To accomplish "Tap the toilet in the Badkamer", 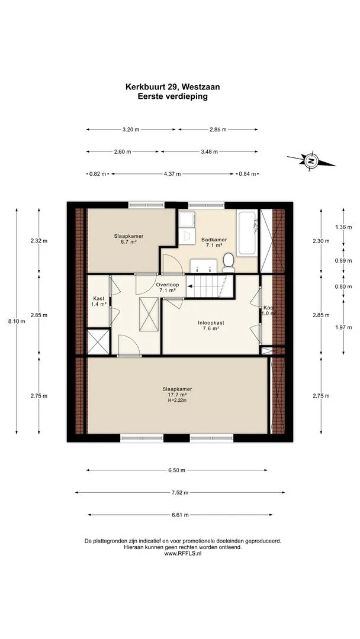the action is [x=229, y=262].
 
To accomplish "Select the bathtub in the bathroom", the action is [x=247, y=233].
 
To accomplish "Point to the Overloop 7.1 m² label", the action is [x=166, y=288].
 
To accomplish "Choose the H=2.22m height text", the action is [x=177, y=401].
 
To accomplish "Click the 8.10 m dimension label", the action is [x=17, y=321].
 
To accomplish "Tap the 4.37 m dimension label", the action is [x=172, y=173].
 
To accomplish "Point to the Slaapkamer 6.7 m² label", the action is [x=128, y=238].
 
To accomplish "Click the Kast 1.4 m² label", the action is [x=99, y=301].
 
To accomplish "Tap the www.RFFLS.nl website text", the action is [x=182, y=553].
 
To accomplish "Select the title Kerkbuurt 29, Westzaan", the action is [x=173, y=86].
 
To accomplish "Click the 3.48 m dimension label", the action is [x=210, y=151].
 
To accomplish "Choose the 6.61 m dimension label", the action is [x=180, y=515].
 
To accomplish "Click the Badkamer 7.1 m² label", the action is [x=214, y=243].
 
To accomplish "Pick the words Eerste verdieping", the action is [x=173, y=96].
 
